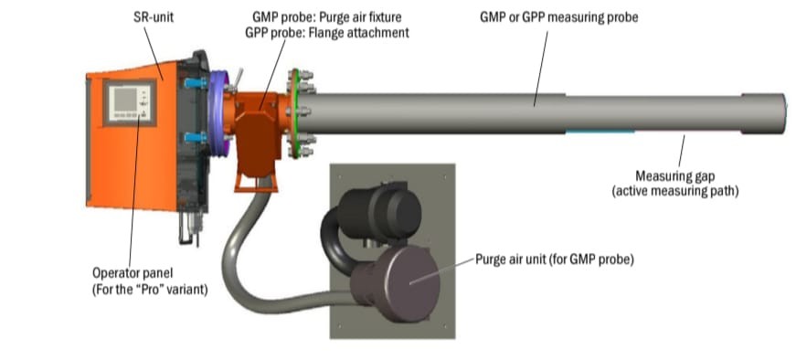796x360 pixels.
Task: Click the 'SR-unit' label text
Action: [154, 17]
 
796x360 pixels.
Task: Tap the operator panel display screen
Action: [125, 100]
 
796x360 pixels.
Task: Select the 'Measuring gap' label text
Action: [675, 176]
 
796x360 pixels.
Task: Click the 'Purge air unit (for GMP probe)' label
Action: [555, 259]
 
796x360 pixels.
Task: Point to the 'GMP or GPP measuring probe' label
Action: [559, 17]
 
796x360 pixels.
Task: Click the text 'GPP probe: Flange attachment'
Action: [327, 33]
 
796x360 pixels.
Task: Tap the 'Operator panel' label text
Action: [133, 273]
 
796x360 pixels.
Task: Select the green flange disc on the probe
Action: [294, 113]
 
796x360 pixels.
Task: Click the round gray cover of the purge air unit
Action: [411, 283]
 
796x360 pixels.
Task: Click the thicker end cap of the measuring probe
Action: [763, 113]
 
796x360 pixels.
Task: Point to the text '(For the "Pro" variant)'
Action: [150, 291]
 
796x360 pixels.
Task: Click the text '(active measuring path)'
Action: [675, 192]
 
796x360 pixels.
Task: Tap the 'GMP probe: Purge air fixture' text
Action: [327, 17]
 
